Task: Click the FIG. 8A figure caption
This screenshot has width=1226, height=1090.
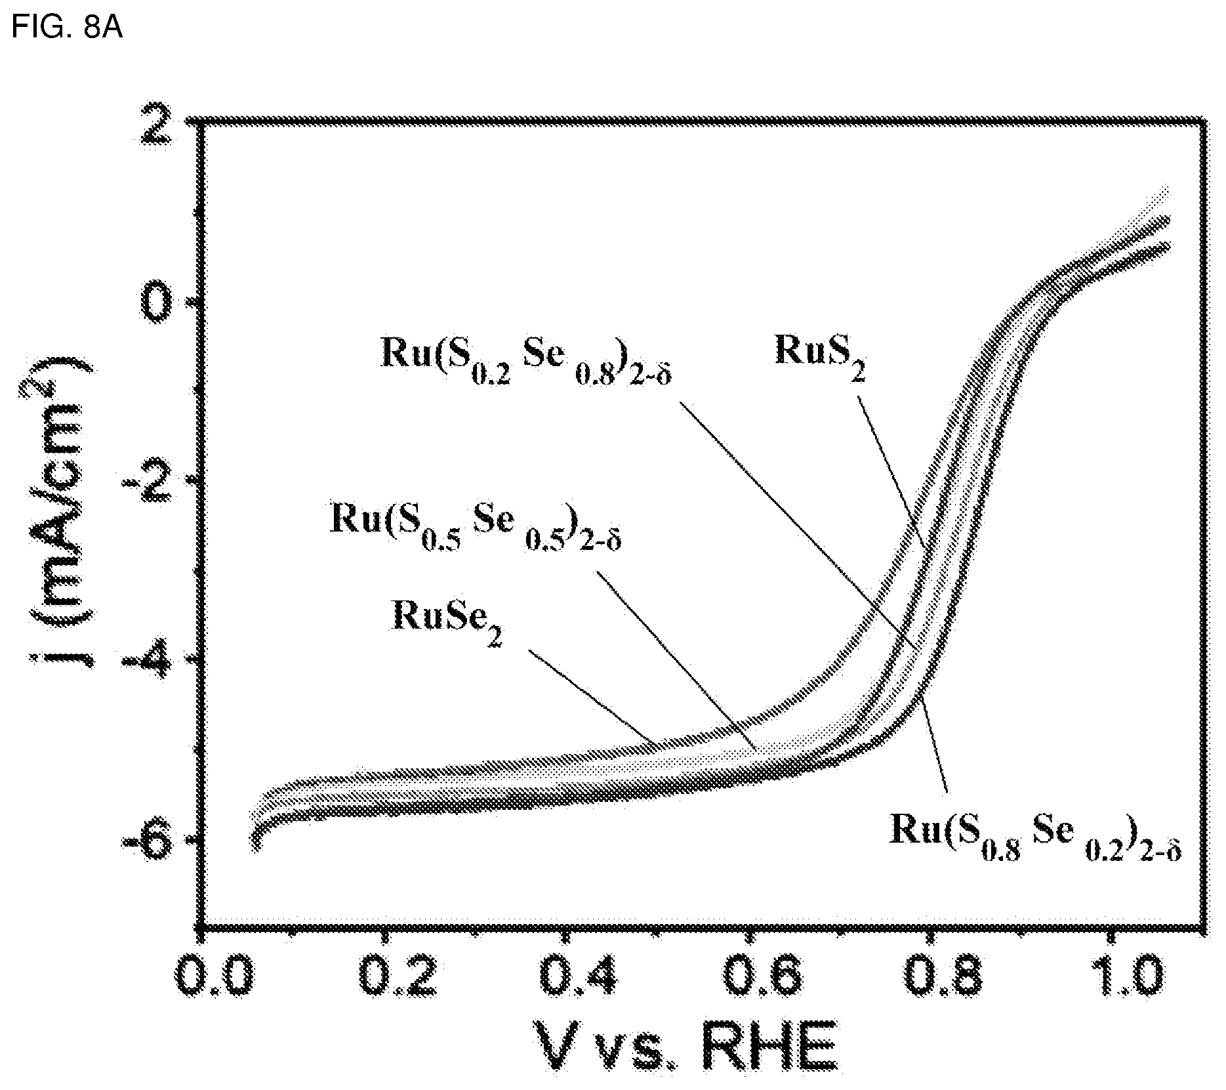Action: tap(67, 29)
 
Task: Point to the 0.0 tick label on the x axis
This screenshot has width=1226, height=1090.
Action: tap(215, 977)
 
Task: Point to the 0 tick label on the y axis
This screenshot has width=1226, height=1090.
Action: tap(156, 304)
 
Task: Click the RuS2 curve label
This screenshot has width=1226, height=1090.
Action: tap(821, 357)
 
